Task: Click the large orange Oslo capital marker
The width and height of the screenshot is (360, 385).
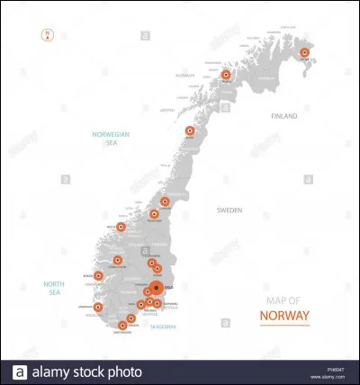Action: click(157, 289)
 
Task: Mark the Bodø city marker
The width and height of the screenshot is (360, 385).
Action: click(190, 130)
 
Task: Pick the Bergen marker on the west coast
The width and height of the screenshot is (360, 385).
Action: click(98, 275)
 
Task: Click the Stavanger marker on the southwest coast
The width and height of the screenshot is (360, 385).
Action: click(98, 307)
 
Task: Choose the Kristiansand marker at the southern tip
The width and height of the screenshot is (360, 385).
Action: click(122, 325)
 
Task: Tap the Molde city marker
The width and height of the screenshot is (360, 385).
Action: click(121, 228)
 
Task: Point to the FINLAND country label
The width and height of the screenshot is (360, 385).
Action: click(285, 116)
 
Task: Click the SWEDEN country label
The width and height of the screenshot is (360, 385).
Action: click(229, 210)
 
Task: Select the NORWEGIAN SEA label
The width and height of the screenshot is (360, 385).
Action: click(111, 137)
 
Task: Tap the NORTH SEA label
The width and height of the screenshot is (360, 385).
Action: click(56, 288)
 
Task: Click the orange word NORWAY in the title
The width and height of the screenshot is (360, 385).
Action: click(283, 316)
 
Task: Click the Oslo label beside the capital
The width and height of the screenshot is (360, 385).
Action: click(169, 288)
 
